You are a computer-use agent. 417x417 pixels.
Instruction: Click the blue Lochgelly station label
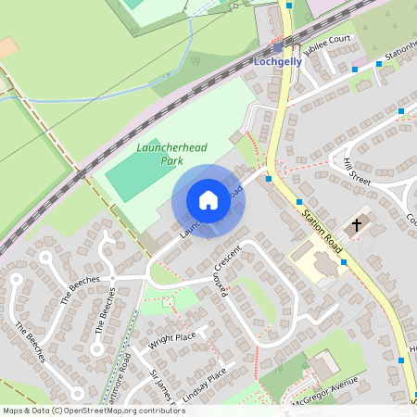tap(279, 63)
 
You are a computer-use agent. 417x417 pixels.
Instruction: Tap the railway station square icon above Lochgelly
tap(278, 47)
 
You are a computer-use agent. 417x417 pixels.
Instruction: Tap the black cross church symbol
tap(356, 224)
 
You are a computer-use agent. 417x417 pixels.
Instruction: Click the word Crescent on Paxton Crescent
tap(227, 259)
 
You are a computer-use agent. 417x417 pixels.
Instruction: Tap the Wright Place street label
tap(173, 337)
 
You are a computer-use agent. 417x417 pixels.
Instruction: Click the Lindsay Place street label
tap(205, 381)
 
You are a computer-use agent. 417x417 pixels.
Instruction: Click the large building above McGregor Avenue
tap(324, 364)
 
